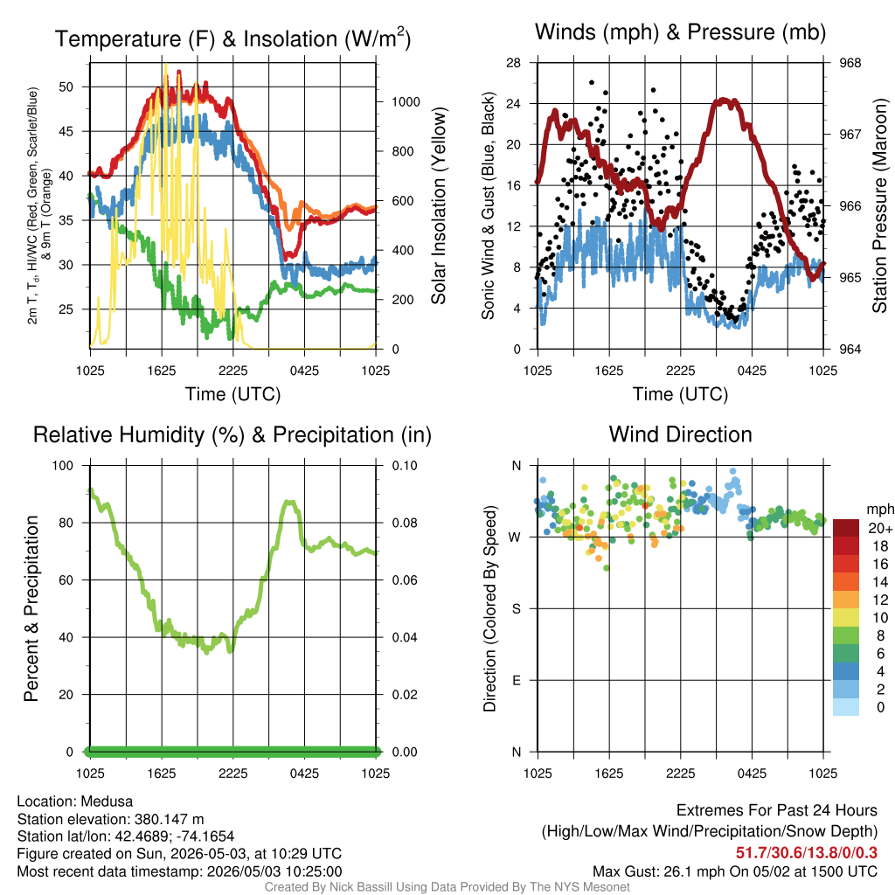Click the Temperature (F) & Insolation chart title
coord(232,38)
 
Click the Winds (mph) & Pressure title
coord(680,32)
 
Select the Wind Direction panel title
coord(680,434)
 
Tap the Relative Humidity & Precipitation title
coord(232,435)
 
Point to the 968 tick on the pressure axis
coord(850,63)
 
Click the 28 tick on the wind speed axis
coord(514,63)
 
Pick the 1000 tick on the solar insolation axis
coord(406,102)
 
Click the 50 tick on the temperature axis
coord(66,87)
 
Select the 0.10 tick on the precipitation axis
coord(405,466)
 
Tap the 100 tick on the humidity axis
coord(63,466)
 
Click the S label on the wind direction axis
coord(517,609)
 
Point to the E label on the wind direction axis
coord(517,680)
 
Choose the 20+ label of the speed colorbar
coord(880,529)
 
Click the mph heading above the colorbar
coord(880,510)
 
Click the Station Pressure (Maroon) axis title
coord(879,205)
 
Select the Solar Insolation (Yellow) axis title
coord(439,205)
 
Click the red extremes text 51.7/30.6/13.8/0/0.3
coord(807,853)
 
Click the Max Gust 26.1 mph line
coord(735,871)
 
